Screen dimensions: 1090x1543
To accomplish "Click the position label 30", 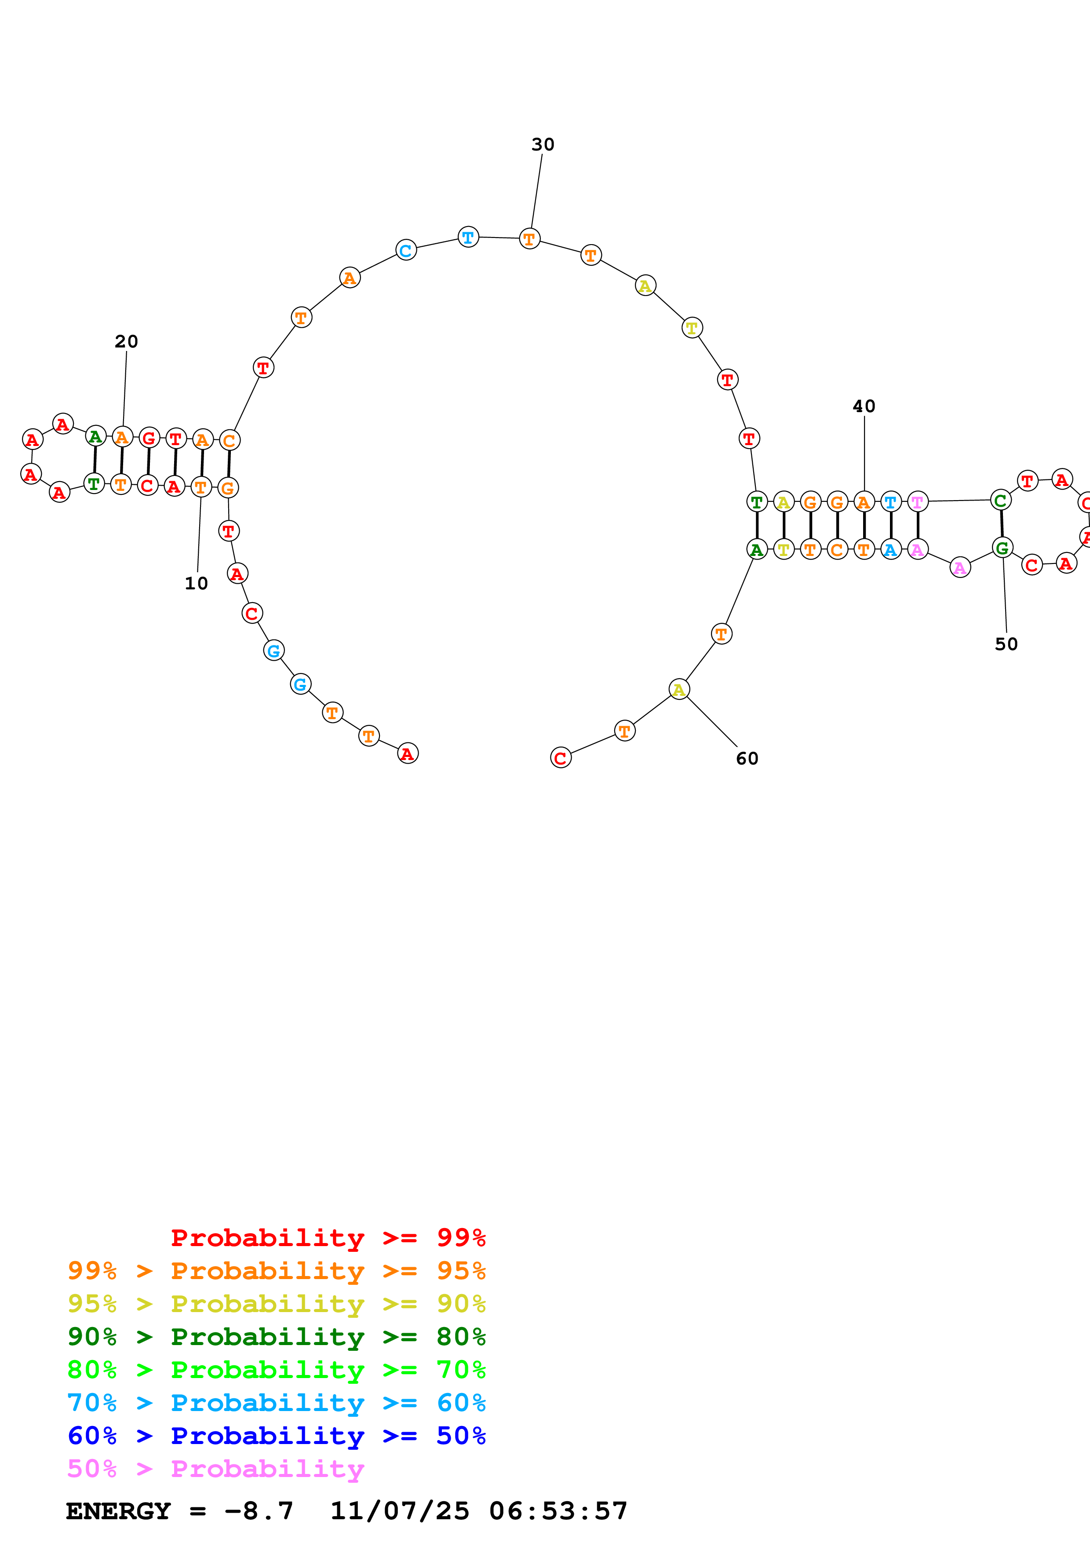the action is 543,144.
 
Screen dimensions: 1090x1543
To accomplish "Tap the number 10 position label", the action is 196,583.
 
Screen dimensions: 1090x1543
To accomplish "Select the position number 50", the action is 1006,644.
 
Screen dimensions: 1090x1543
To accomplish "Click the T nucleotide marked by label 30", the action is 529,238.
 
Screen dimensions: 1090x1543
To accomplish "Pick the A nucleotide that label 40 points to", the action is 864,501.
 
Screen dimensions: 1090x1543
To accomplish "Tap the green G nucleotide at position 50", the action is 1002,548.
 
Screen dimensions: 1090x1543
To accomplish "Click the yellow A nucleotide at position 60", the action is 679,690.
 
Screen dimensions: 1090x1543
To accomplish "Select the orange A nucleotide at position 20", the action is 121,438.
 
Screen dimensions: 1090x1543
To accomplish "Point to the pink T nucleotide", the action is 917,501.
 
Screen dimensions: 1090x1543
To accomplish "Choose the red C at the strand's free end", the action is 560,758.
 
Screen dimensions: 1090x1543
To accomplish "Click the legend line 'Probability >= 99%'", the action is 328,1238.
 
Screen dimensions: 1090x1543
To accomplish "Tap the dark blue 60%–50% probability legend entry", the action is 276,1436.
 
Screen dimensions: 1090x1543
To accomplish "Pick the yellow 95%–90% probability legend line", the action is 276,1304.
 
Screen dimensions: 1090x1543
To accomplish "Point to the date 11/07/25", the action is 399,1511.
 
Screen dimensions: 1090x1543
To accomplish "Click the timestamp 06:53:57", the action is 558,1511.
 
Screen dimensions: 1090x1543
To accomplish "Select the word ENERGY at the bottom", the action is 118,1511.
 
